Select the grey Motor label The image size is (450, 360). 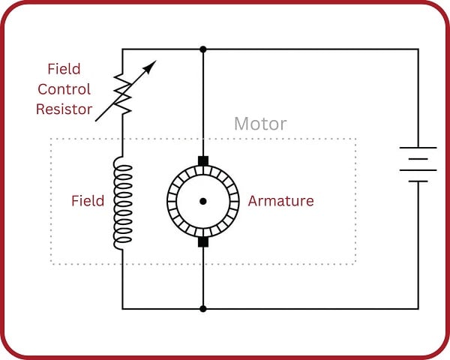(260, 124)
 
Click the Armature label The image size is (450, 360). (280, 201)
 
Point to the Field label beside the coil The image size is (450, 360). (88, 201)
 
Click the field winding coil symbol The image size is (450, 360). (121, 202)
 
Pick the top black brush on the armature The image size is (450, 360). (202, 160)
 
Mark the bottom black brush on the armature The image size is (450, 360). (202, 241)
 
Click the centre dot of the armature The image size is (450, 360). (202, 201)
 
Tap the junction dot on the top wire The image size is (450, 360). (202, 49)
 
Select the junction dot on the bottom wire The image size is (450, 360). (202, 308)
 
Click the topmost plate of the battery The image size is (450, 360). (418, 147)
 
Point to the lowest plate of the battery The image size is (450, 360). (418, 181)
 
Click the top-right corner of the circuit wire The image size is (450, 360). (418, 49)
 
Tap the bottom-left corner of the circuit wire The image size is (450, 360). (122, 308)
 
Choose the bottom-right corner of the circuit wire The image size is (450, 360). (418, 308)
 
